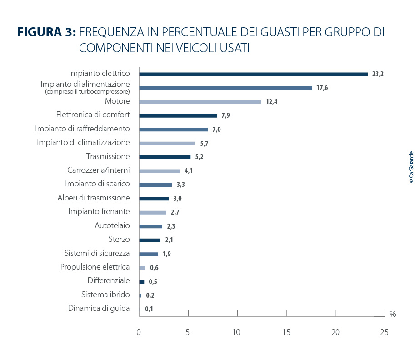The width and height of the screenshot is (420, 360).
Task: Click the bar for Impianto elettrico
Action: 253,74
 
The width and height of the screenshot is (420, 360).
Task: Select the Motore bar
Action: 200,102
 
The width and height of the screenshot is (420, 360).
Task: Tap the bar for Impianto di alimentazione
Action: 225,88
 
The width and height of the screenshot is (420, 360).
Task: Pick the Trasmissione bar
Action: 165,157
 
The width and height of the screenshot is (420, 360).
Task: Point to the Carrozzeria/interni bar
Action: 159,171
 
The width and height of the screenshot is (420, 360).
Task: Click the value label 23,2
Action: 378,74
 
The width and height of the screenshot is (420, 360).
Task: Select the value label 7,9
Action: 225,116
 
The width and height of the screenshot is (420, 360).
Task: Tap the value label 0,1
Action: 149,309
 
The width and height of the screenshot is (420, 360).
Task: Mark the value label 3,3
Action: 180,185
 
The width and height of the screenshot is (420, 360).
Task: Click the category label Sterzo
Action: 119,239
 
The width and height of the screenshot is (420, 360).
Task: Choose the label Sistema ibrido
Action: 105,294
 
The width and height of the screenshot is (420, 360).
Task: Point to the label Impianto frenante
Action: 99,211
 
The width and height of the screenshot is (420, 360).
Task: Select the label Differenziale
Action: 109,280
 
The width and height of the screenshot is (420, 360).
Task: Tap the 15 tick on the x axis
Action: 286,332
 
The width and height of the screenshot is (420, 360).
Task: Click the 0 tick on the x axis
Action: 139,332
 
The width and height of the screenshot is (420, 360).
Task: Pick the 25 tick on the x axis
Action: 384,332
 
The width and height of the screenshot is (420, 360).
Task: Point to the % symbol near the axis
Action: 393,314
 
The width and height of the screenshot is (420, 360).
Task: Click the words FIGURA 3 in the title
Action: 46,32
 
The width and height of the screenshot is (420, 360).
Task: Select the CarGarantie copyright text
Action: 411,167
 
